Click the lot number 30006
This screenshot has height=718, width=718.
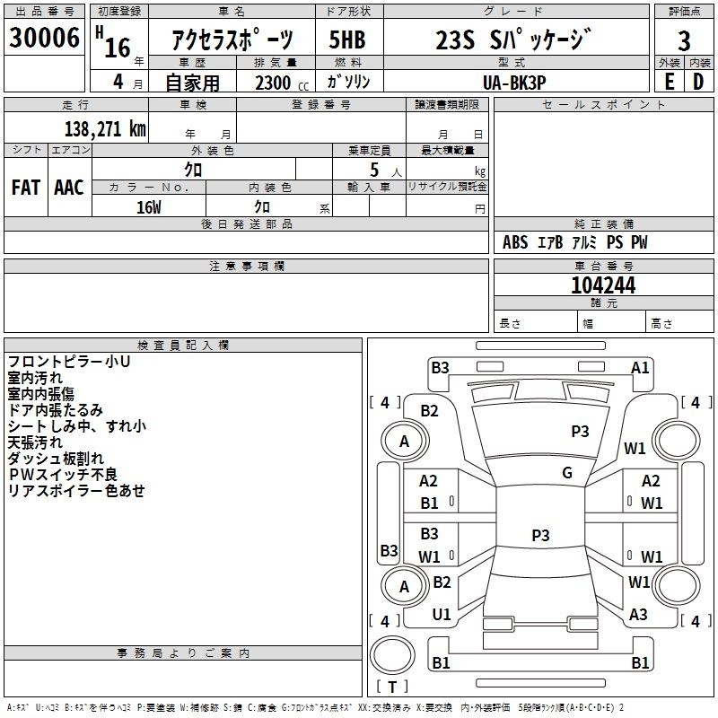click(44, 37)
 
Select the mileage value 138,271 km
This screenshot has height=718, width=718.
click(105, 128)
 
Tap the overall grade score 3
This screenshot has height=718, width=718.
click(684, 41)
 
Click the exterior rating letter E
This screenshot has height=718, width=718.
click(669, 82)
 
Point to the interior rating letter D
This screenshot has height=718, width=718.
click(698, 82)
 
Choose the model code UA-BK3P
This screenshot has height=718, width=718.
click(514, 83)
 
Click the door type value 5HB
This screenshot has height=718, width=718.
click(347, 39)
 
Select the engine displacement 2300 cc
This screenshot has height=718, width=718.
click(282, 83)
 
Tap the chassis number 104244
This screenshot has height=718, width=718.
click(603, 285)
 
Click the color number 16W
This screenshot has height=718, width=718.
click(149, 207)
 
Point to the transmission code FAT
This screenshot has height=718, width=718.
click(26, 188)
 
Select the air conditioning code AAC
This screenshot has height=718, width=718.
click(69, 188)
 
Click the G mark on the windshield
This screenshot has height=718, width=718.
click(567, 473)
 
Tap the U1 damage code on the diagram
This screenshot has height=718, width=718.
click(442, 615)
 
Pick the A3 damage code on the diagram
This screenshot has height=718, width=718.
click(638, 615)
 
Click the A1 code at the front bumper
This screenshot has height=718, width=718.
click(640, 368)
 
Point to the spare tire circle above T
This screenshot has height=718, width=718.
click(392, 655)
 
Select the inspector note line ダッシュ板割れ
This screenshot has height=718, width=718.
click(56, 459)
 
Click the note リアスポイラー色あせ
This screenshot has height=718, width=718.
click(76, 490)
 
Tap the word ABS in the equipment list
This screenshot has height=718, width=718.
click(515, 242)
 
